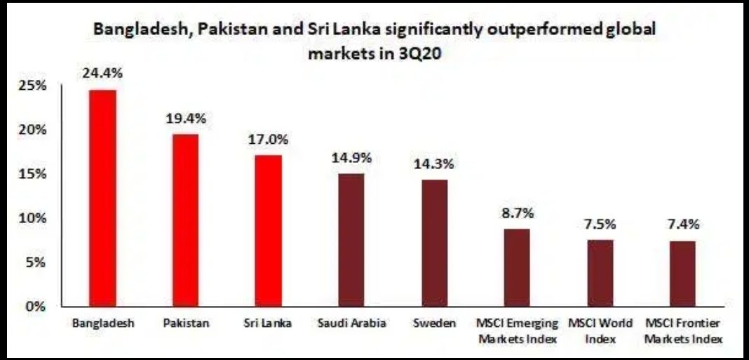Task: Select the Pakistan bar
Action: click(186, 220)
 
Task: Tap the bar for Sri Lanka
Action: click(269, 231)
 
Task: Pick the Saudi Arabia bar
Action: click(351, 240)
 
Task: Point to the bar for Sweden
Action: click(434, 243)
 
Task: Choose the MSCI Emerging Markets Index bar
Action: click(517, 267)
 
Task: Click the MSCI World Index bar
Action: click(600, 273)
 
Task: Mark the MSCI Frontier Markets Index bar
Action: click(683, 274)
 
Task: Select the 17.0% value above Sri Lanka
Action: click(269, 140)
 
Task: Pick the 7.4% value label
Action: click(683, 225)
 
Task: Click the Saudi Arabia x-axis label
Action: click(351, 324)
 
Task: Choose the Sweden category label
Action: click(434, 324)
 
